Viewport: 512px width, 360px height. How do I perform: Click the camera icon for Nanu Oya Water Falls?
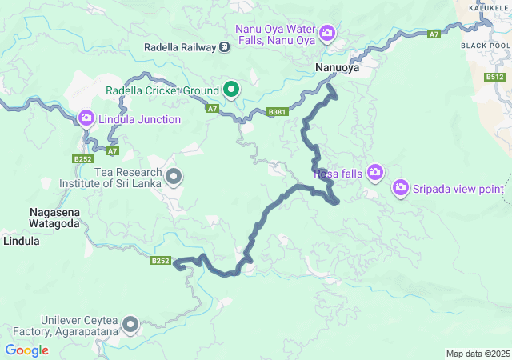tap(327, 33)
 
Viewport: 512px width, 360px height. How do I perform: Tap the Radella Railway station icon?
tap(225, 47)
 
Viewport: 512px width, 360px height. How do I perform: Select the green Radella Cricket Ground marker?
tap(232, 89)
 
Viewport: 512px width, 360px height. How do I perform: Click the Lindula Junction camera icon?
tap(86, 119)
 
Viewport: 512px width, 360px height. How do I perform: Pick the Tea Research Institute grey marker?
tap(173, 176)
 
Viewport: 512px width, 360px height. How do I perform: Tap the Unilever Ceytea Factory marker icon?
tap(130, 325)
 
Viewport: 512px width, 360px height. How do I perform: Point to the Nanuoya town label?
tap(337, 70)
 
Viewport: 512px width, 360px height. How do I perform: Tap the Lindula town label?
tap(22, 240)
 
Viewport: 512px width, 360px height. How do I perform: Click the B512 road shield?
tap(495, 78)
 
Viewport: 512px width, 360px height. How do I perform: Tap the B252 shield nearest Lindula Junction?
tap(82, 159)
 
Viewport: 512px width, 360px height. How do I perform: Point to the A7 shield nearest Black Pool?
tap(434, 34)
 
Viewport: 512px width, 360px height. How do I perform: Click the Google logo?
tap(26, 350)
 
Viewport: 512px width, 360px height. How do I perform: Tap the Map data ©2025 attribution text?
tap(478, 354)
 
